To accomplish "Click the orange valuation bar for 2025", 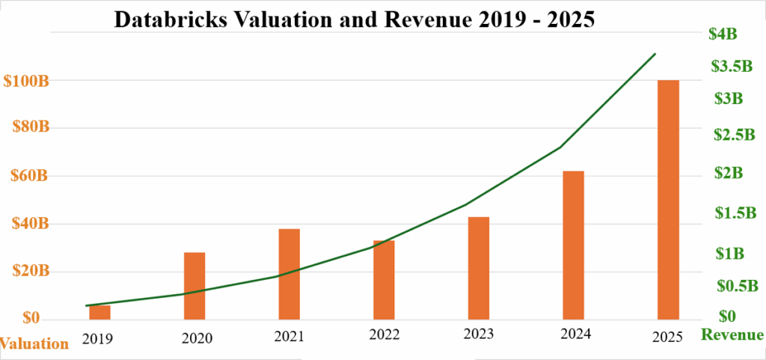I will click(668, 198).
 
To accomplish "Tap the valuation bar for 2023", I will click(479, 267).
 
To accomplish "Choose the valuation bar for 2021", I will click(289, 273).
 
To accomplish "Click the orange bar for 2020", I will click(194, 285).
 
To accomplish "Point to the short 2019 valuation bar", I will click(100, 311).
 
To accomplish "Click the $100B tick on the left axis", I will click(26, 81).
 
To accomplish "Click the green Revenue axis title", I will click(732, 335).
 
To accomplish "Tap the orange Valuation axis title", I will click(34, 344).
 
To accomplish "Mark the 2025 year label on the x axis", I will click(667, 338).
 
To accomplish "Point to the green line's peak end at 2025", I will click(655, 54).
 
